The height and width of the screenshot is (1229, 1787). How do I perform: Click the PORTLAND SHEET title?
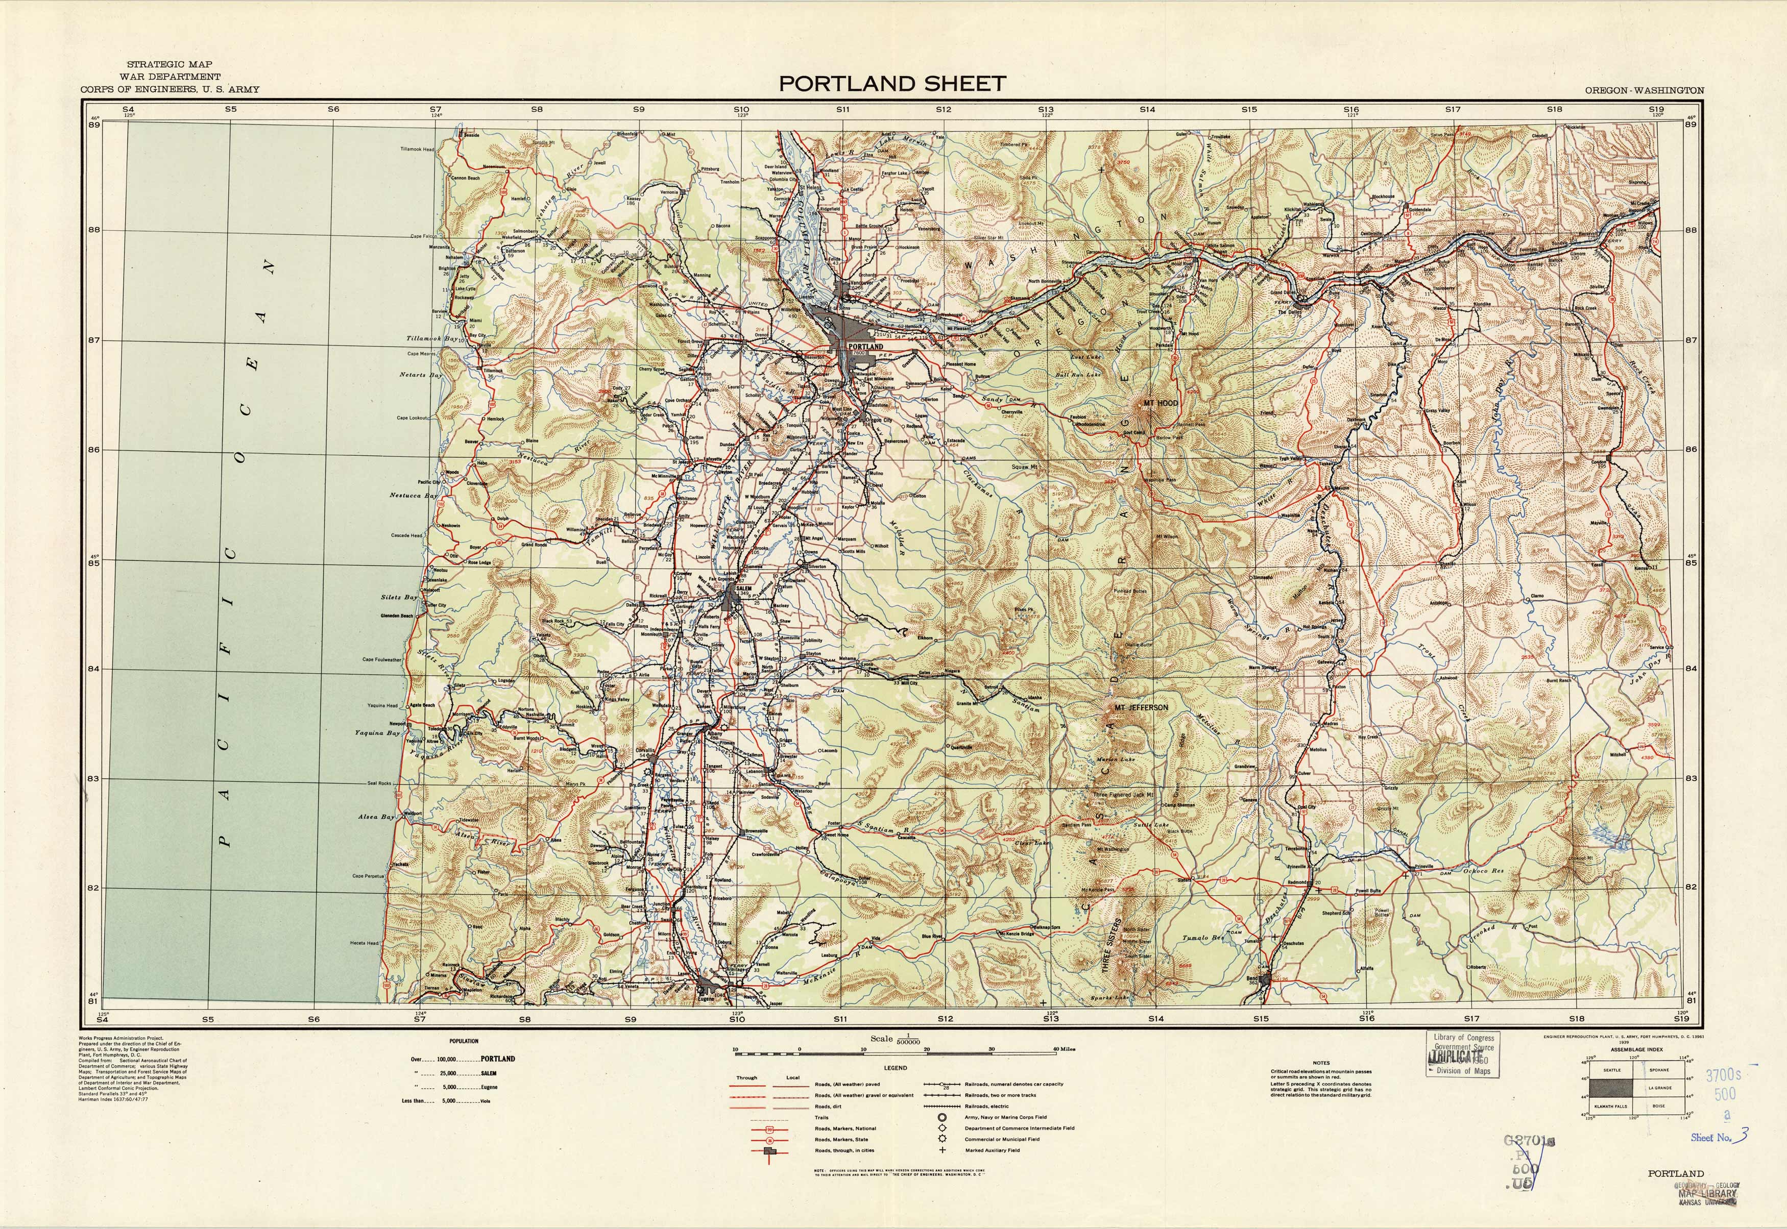[892, 84]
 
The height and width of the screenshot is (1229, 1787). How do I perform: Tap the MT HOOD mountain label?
[1161, 403]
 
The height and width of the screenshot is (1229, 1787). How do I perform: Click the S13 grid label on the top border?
[1045, 109]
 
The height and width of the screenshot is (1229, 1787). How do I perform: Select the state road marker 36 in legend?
[769, 1140]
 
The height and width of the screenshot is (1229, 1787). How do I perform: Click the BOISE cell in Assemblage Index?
[1658, 1107]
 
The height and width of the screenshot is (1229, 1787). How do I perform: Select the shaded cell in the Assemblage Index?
[1611, 1088]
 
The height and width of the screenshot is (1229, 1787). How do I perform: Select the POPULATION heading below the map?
[464, 1041]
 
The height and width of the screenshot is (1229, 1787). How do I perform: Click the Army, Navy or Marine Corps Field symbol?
[941, 1117]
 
